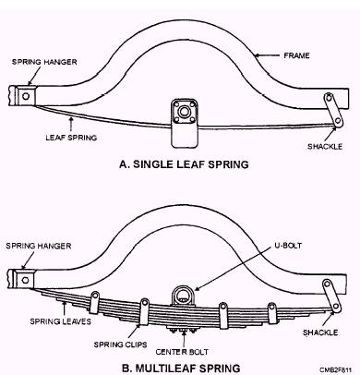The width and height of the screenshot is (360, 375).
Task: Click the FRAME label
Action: pyautogui.click(x=296, y=55)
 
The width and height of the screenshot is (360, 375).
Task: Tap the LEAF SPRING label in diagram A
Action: pyautogui.click(x=71, y=138)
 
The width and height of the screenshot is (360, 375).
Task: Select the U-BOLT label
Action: pyautogui.click(x=288, y=246)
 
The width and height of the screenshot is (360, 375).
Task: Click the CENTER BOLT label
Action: pyautogui.click(x=182, y=352)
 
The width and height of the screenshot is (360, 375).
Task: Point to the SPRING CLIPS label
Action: pyautogui.click(x=120, y=345)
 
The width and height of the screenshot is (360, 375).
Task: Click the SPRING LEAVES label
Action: pyautogui.click(x=61, y=321)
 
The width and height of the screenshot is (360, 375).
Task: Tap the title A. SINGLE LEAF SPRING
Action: pyautogui.click(x=184, y=164)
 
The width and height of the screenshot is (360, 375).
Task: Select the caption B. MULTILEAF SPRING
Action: pyautogui.click(x=181, y=368)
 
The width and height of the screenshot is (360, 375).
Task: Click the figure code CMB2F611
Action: pyautogui.click(x=335, y=369)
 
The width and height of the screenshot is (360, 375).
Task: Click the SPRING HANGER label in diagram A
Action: pyautogui.click(x=44, y=62)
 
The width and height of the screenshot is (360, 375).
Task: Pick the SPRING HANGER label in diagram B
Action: pyautogui.click(x=39, y=246)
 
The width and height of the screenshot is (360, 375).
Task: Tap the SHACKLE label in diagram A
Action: pyautogui.click(x=325, y=146)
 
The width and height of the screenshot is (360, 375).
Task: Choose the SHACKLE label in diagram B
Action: pyautogui.click(x=320, y=333)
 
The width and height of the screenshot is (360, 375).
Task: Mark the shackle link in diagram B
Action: pyautogui.click(x=331, y=295)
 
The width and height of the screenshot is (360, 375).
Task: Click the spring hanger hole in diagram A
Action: pyautogui.click(x=26, y=96)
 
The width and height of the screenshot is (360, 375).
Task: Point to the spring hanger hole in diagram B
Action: pyautogui.click(x=25, y=280)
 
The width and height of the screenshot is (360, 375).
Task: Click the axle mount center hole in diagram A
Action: pyautogui.click(x=184, y=112)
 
